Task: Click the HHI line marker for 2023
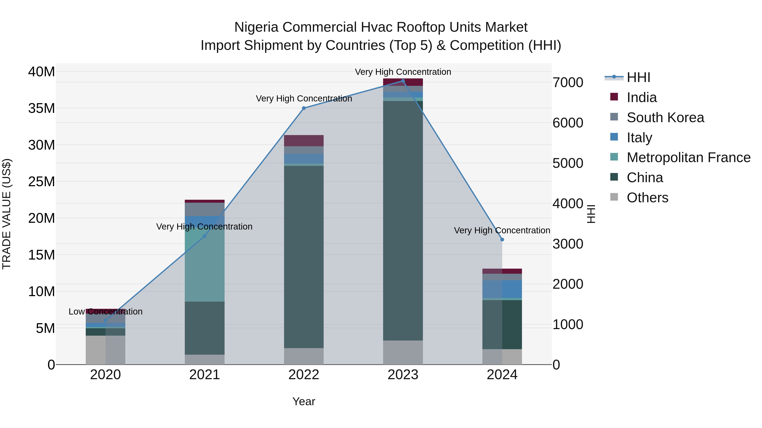(x=403, y=81)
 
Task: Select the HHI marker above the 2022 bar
(x=304, y=108)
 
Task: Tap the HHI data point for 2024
(x=502, y=239)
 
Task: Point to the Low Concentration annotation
(x=105, y=312)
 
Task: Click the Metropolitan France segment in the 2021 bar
(x=204, y=266)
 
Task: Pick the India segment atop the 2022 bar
(x=304, y=141)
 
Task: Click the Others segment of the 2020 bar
(x=105, y=350)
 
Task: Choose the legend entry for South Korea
(x=665, y=118)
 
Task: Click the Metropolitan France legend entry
(x=688, y=157)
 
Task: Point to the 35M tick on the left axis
(x=41, y=108)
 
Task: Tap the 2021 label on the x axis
(x=204, y=375)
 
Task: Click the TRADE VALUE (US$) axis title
(x=7, y=214)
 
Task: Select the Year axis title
(x=304, y=401)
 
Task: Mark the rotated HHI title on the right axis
(x=591, y=214)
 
